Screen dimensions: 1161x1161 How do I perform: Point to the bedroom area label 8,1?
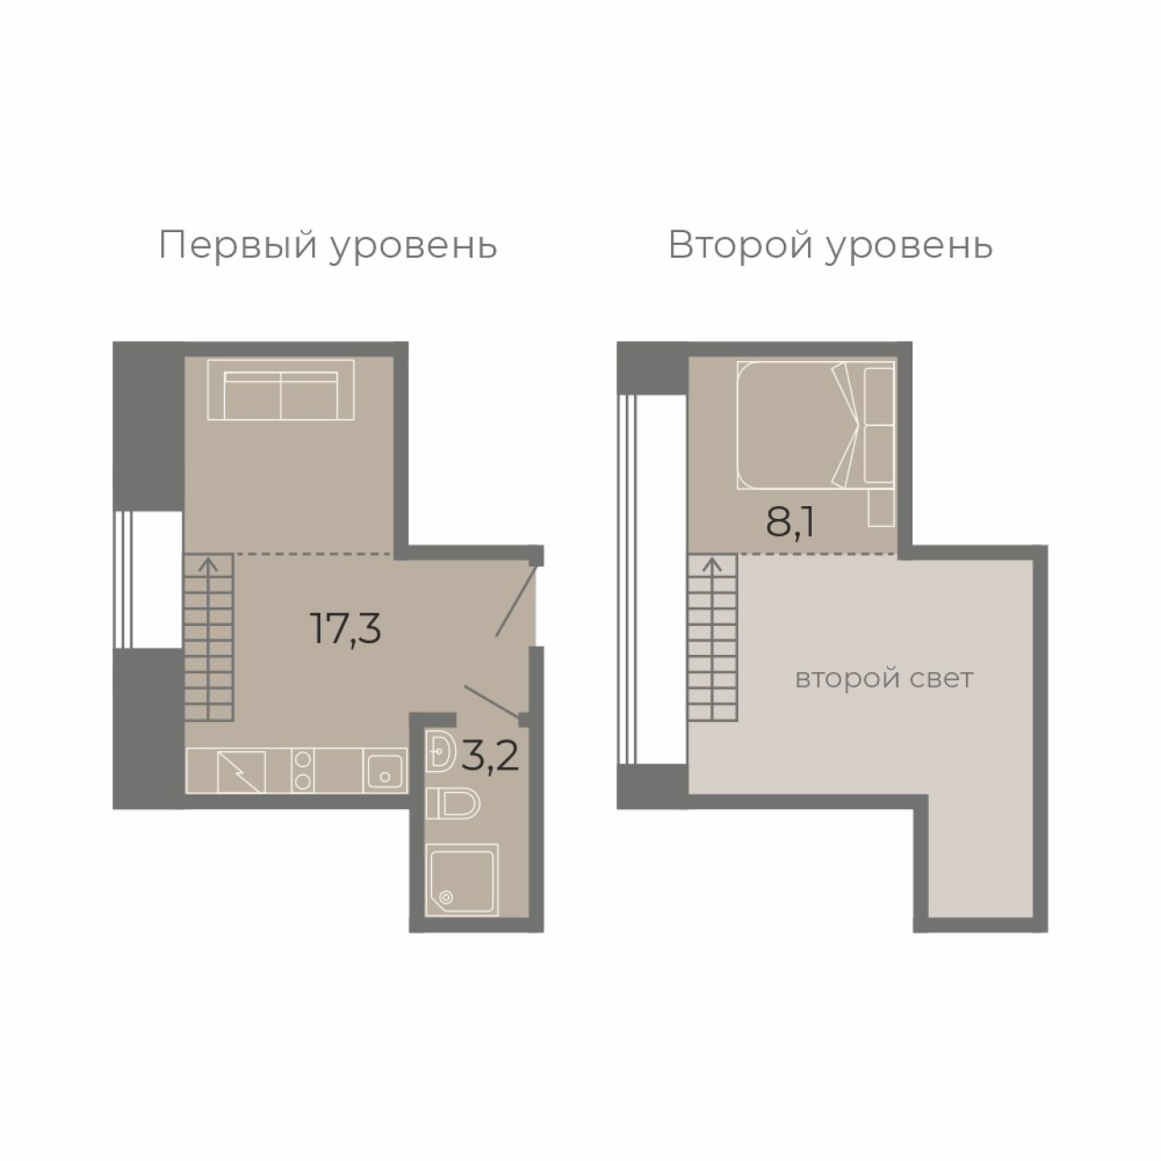pos(790,522)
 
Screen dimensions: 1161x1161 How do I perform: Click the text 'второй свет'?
pos(883,679)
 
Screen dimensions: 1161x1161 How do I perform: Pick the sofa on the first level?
pos(281,390)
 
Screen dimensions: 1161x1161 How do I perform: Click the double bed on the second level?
pos(815,424)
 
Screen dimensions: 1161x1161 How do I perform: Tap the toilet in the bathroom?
pos(453,804)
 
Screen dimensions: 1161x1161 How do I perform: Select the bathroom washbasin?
pos(441,751)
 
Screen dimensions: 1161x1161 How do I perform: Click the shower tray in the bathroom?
pos(462,879)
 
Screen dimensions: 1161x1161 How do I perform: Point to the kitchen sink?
pos(385,771)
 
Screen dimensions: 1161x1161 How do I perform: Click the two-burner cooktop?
pos(302,771)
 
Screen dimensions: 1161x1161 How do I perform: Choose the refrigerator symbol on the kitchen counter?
pos(241,771)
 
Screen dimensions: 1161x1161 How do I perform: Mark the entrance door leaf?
pos(516,600)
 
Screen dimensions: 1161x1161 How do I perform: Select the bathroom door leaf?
pos(492,702)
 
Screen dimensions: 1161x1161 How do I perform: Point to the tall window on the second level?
pos(627,580)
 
